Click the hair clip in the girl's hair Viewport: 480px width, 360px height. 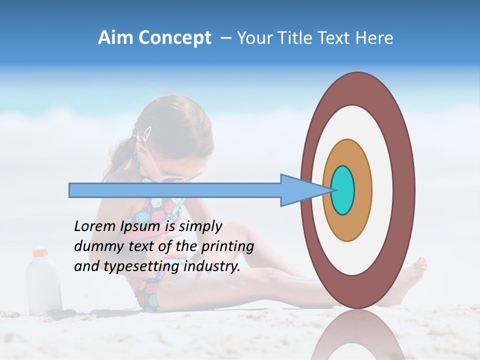pos(147,133)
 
